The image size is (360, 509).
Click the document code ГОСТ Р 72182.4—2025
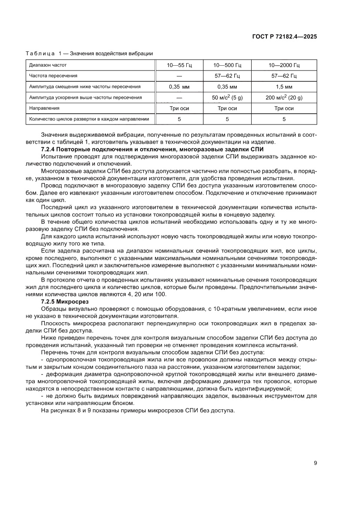click(x=284, y=37)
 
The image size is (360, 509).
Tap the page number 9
click(x=315, y=463)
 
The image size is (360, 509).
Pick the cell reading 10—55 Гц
click(x=179, y=65)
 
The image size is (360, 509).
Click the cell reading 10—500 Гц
click(x=227, y=65)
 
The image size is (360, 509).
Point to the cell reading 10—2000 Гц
click(x=284, y=65)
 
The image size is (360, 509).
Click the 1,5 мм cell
click(x=284, y=87)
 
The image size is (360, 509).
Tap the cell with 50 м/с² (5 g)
click(x=227, y=98)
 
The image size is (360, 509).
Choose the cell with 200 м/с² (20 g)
click(x=284, y=98)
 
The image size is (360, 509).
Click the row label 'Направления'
click(x=44, y=108)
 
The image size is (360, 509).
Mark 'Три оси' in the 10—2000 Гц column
click(x=284, y=108)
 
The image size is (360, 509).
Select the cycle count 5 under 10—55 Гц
click(x=179, y=119)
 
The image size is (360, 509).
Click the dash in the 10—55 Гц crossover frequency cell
click(x=179, y=76)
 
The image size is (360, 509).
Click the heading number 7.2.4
click(x=49, y=149)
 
